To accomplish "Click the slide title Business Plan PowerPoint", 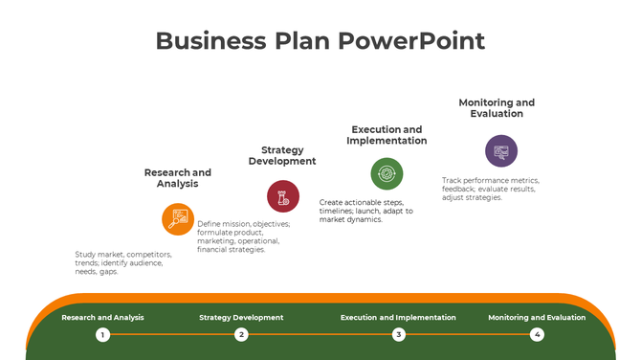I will pyautogui.click(x=320, y=41).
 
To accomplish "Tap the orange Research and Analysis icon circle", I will pyautogui.click(x=178, y=219).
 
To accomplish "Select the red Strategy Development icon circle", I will pyautogui.click(x=283, y=196).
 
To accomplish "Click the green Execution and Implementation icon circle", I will pyautogui.click(x=387, y=173).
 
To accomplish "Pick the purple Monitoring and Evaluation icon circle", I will pyautogui.click(x=500, y=150).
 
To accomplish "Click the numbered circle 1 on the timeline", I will pyautogui.click(x=102, y=334).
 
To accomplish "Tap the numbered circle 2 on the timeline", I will pyautogui.click(x=241, y=334).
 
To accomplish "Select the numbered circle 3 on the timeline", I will pyautogui.click(x=399, y=334).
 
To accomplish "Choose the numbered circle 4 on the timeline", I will pyautogui.click(x=537, y=334).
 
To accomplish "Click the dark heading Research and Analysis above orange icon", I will pyautogui.click(x=178, y=178).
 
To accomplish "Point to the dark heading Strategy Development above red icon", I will pyautogui.click(x=282, y=155).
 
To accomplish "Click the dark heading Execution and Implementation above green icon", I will pyautogui.click(x=387, y=135).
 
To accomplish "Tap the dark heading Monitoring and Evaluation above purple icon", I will pyautogui.click(x=497, y=108).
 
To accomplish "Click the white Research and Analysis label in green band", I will pyautogui.click(x=102, y=317).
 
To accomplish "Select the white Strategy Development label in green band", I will pyautogui.click(x=241, y=317).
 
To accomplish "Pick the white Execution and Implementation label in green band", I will pyautogui.click(x=398, y=317).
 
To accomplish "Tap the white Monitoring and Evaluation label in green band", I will pyautogui.click(x=537, y=317).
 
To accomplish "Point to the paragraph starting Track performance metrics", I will pyautogui.click(x=490, y=189).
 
